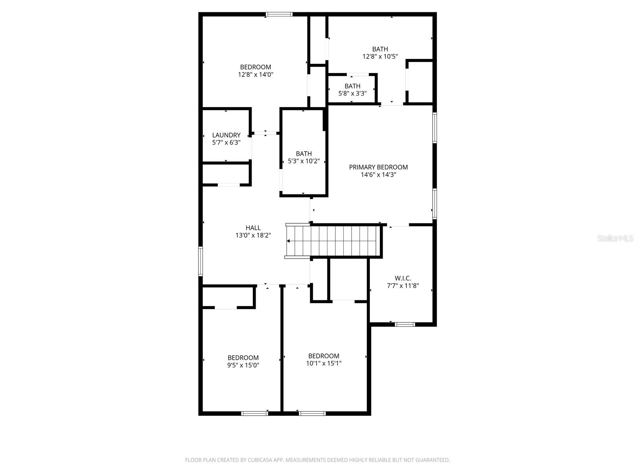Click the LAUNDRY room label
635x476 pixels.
click(226, 135)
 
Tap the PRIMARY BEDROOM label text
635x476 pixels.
click(378, 167)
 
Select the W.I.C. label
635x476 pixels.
click(402, 278)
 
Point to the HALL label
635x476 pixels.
click(253, 228)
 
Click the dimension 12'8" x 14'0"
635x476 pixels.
click(256, 74)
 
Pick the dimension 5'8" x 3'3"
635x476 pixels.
click(352, 94)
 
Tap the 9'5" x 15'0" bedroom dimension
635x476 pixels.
click(243, 365)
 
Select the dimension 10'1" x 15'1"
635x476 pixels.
click(323, 363)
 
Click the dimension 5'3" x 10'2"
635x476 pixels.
click(304, 161)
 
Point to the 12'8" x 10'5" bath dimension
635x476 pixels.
click(380, 56)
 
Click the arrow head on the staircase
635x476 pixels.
click(289, 241)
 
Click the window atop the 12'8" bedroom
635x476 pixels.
click(279, 14)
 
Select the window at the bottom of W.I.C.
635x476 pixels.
click(405, 324)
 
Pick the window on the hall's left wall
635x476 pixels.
click(201, 261)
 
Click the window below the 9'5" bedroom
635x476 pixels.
click(254, 413)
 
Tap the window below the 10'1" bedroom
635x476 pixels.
click(312, 413)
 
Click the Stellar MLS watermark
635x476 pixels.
click(615, 238)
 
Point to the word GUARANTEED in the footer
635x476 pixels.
click(432, 460)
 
